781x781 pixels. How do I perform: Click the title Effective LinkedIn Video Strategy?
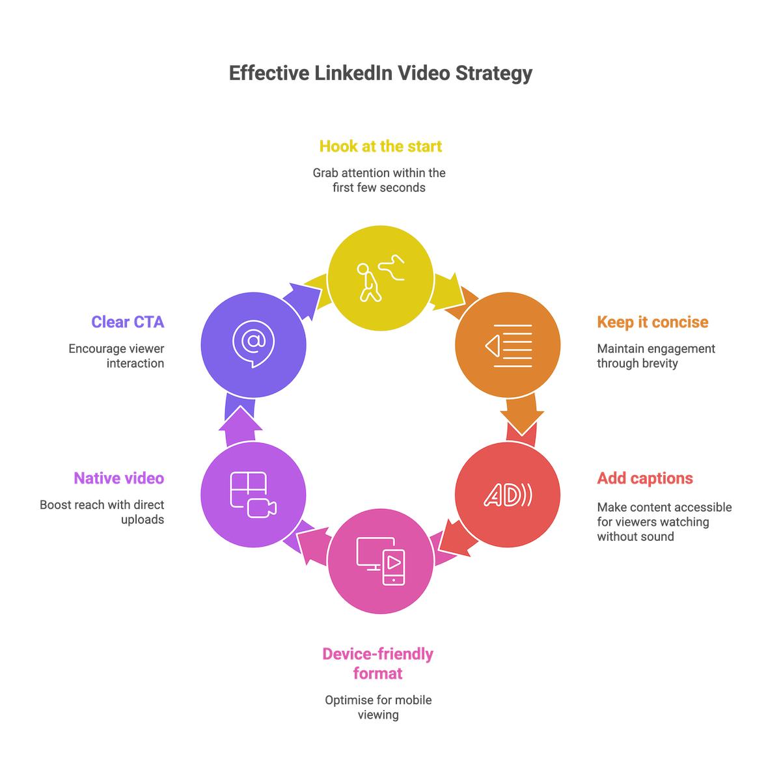click(x=381, y=74)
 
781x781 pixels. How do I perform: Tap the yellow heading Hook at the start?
click(x=381, y=146)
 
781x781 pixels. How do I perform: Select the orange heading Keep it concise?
click(x=653, y=322)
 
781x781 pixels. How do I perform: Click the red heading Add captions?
click(x=645, y=479)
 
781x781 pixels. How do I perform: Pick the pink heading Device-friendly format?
click(x=378, y=663)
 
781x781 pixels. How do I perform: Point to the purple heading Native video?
click(x=118, y=479)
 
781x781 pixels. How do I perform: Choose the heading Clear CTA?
click(x=128, y=322)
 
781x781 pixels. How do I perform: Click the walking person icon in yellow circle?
click(x=381, y=279)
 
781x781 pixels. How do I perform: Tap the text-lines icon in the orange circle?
click(x=508, y=345)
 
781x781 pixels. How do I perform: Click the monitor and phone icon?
click(x=381, y=560)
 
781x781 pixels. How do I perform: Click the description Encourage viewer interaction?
click(x=117, y=356)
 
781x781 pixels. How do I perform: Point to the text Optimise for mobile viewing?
click(x=378, y=707)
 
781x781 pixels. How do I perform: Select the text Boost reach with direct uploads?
click(x=103, y=512)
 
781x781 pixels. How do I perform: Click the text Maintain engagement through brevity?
click(x=655, y=356)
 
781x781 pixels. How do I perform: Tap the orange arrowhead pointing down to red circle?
click(x=523, y=422)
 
